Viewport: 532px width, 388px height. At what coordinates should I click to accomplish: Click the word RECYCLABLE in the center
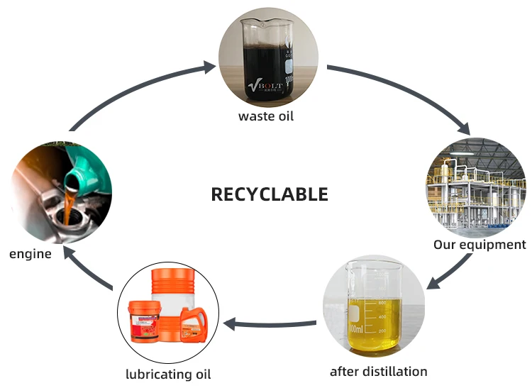tap(270, 194)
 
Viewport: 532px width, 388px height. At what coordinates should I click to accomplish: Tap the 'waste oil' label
tap(266, 116)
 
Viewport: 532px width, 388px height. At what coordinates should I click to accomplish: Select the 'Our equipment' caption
tap(480, 245)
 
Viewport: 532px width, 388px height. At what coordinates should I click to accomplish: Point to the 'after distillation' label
tap(379, 372)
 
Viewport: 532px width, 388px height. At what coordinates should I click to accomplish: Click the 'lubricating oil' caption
tap(168, 374)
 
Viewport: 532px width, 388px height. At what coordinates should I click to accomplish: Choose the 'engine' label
tap(30, 253)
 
